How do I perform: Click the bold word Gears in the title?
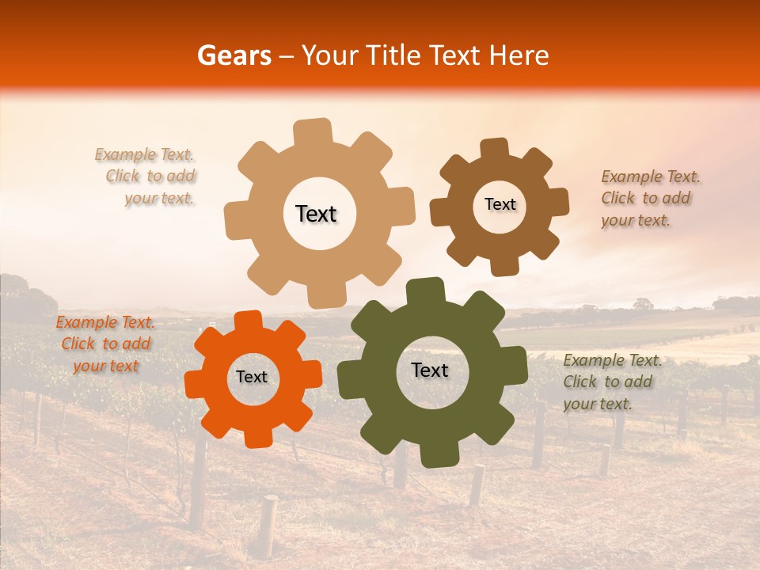233,55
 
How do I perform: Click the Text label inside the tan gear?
316,214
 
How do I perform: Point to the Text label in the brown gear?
500,204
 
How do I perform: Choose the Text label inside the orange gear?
252,377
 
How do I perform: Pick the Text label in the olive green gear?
430,370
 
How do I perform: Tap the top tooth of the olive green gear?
425,291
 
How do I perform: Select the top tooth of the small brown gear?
494,150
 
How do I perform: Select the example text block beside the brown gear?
649,198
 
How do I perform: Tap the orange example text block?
105,344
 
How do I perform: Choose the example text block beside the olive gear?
611,382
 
